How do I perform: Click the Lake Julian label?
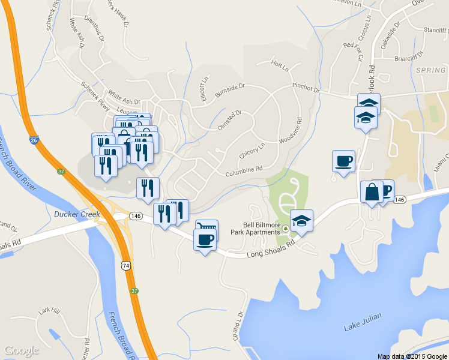(363, 327)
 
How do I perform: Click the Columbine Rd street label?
(244, 172)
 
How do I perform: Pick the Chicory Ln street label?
(252, 149)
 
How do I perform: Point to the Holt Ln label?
(280, 64)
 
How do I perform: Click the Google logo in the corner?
(21, 350)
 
